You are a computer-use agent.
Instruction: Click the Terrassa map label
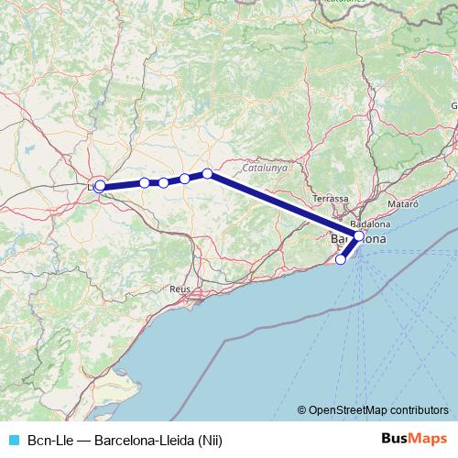pos(331,198)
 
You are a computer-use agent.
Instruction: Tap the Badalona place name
pos(371,224)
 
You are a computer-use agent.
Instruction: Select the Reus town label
pos(180,289)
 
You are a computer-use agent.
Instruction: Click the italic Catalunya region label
pos(266,169)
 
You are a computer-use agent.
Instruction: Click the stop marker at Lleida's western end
pos(100,186)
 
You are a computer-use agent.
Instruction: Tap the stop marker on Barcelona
pos(359,236)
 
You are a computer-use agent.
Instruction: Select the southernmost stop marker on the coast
pos(341,259)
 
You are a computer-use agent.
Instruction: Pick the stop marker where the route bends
pos(208,173)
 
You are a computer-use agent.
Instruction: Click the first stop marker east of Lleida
pos(145,183)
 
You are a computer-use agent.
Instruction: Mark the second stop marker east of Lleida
pos(164,182)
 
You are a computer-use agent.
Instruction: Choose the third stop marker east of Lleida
pos(185,179)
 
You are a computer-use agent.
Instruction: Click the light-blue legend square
pos(12,439)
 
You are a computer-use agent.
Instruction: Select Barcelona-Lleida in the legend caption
pos(142,439)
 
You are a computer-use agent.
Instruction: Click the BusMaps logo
pos(414,438)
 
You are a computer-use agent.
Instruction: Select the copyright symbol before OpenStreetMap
pos(302,410)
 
